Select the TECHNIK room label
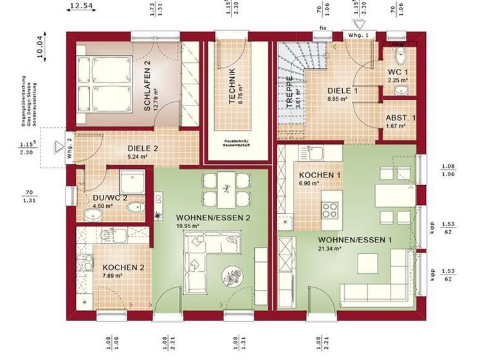[x=232, y=85]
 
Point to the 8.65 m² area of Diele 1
[x=338, y=100]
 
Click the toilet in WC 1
[x=400, y=56]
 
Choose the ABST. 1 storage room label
[x=400, y=118]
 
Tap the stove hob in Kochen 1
[x=331, y=209]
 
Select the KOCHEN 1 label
[x=320, y=175]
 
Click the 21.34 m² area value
[x=329, y=248]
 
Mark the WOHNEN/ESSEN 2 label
[x=203, y=217]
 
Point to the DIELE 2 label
[x=143, y=147]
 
